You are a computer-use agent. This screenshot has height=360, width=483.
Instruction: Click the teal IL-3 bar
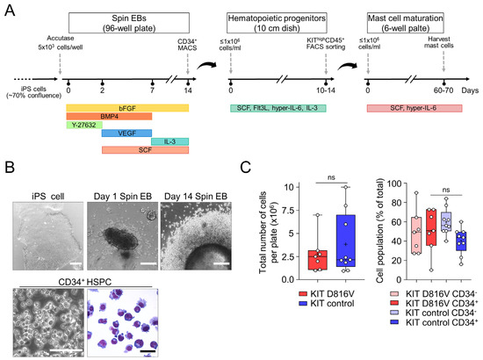pyautogui.click(x=170, y=141)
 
